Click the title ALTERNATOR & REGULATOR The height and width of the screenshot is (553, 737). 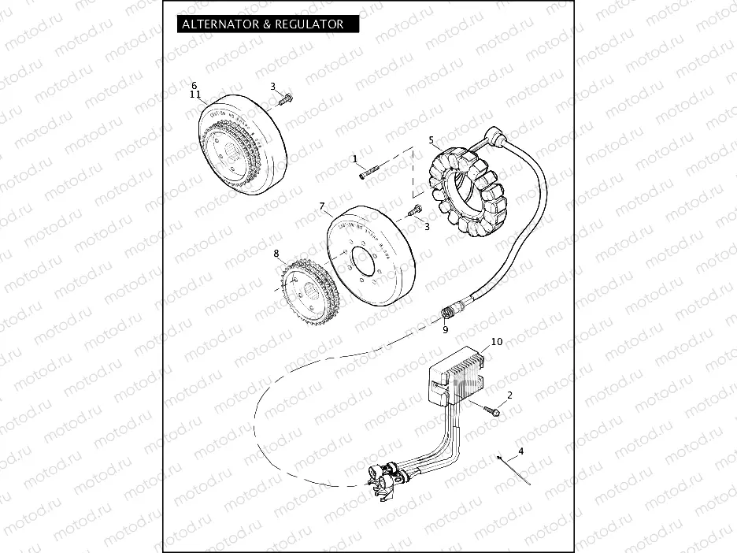(262, 24)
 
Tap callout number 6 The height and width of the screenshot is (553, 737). (194, 85)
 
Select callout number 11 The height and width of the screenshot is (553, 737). (195, 95)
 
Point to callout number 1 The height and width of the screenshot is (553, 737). (355, 158)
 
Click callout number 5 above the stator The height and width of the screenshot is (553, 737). (431, 140)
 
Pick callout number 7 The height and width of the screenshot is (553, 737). (321, 206)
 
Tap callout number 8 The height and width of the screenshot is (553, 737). (276, 254)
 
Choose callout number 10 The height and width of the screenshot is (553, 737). (496, 342)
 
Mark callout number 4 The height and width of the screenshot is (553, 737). (520, 451)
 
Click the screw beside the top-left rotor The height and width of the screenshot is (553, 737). (285, 100)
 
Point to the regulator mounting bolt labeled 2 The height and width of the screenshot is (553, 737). (492, 409)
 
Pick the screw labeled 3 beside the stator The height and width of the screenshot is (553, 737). (414, 211)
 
